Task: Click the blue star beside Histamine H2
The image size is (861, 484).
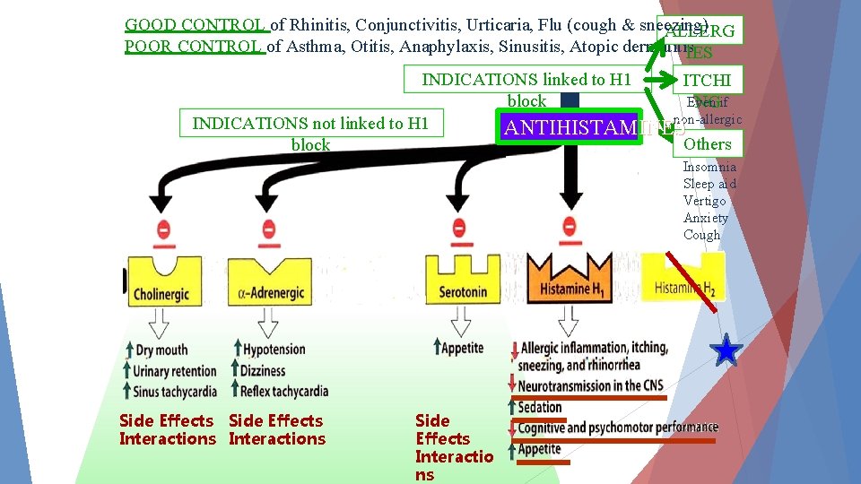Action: click(726, 351)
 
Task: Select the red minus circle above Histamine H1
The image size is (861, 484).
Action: click(569, 228)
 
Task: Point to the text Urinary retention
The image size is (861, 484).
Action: click(174, 371)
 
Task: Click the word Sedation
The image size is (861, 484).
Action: click(540, 407)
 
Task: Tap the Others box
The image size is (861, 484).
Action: click(707, 143)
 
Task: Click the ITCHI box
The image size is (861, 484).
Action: click(707, 80)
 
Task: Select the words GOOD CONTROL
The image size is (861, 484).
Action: click(196, 25)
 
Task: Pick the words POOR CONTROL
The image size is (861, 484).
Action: click(195, 47)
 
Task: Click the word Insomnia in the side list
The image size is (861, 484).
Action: click(709, 167)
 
